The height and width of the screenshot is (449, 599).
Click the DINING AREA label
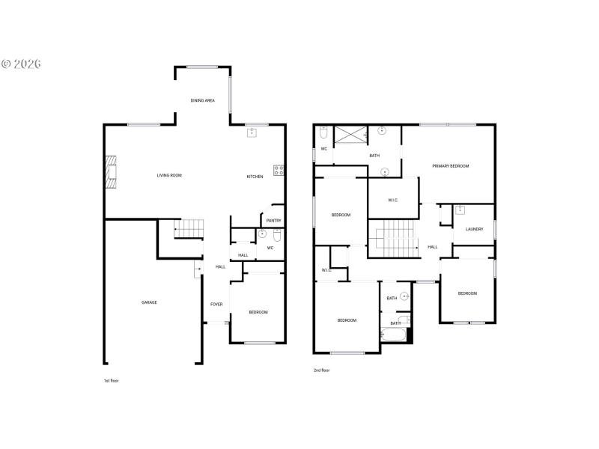click(202, 100)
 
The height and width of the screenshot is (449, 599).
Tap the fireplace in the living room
click(112, 171)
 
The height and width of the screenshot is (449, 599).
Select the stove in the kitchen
click(279, 171)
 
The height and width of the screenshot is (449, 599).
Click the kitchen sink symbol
click(252, 132)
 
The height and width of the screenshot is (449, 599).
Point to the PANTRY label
click(273, 220)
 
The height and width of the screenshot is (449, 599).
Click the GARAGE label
click(149, 302)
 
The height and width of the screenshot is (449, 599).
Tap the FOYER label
click(216, 305)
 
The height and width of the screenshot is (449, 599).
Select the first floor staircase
click(189, 228)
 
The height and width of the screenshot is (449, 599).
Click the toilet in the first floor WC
click(276, 236)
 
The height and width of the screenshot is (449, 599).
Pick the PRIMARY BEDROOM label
click(450, 165)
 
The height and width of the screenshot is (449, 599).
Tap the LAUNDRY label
click(474, 229)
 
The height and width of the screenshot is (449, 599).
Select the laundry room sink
click(459, 210)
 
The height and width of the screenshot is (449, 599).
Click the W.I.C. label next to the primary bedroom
click(393, 200)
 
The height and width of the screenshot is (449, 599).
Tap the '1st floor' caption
click(111, 381)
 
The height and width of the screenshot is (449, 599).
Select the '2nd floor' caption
click(321, 370)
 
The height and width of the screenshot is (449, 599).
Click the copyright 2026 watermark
click(21, 64)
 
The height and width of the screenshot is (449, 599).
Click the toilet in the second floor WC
click(323, 132)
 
